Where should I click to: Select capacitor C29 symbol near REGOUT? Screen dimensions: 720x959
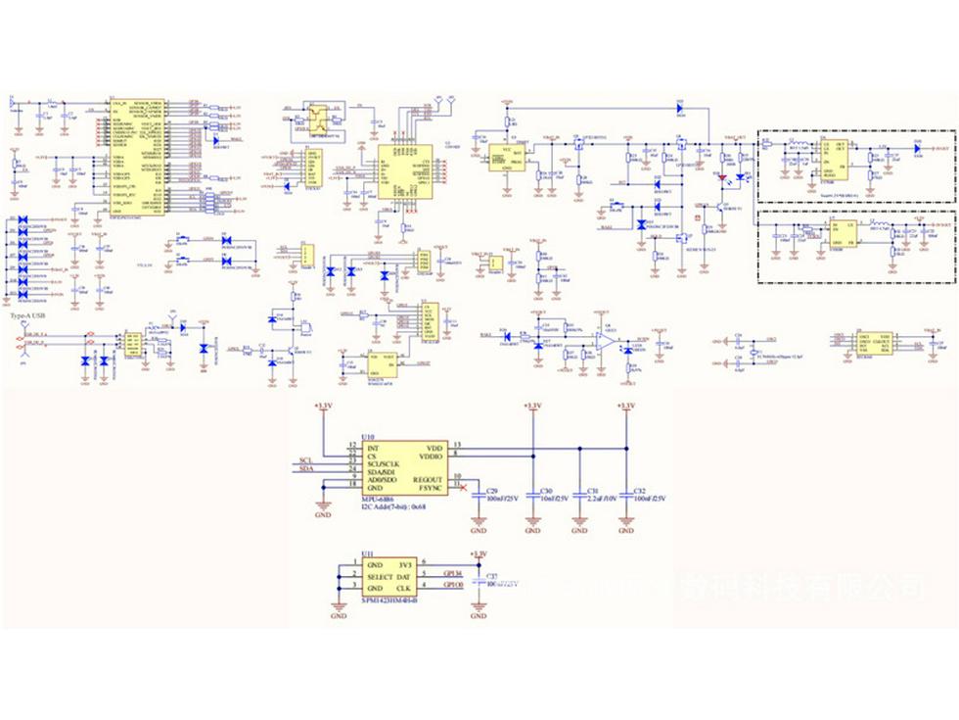point(478,495)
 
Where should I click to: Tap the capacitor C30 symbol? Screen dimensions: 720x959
point(532,495)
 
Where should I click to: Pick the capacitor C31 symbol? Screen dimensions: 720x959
point(579,495)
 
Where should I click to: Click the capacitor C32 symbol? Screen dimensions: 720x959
point(626,495)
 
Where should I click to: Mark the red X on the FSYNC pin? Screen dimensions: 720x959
point(463,487)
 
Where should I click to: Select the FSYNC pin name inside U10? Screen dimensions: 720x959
point(432,487)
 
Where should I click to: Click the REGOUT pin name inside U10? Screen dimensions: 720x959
point(430,478)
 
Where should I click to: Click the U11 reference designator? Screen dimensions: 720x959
point(367,553)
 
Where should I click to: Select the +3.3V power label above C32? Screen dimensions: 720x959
point(626,405)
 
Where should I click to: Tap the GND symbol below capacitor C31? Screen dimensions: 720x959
point(579,529)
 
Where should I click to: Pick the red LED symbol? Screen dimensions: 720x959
point(722,178)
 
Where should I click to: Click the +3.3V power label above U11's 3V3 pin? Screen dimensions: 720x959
point(478,553)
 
